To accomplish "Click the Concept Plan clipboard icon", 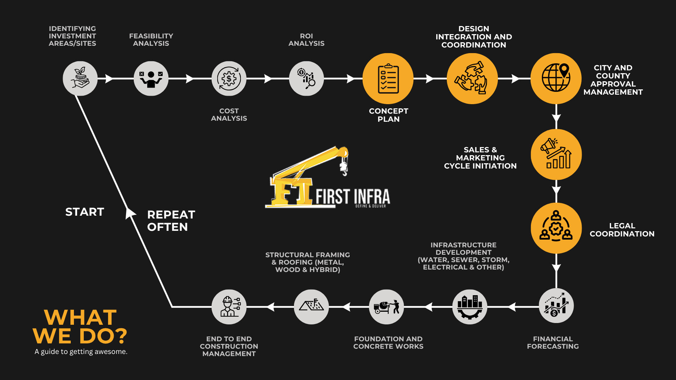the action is click(388, 78).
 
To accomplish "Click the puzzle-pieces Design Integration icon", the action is click(472, 78).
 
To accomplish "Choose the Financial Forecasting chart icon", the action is click(556, 306).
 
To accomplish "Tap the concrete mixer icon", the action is click(387, 307).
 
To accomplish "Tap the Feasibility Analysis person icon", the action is click(151, 78).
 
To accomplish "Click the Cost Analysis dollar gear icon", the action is click(229, 78).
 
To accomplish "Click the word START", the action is click(85, 212).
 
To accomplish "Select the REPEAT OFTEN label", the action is click(171, 221).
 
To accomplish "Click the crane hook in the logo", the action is click(344, 168).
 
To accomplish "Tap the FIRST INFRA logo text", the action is click(353, 197).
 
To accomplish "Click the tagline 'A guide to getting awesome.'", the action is click(81, 351).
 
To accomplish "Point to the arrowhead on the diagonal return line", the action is click(130, 213).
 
